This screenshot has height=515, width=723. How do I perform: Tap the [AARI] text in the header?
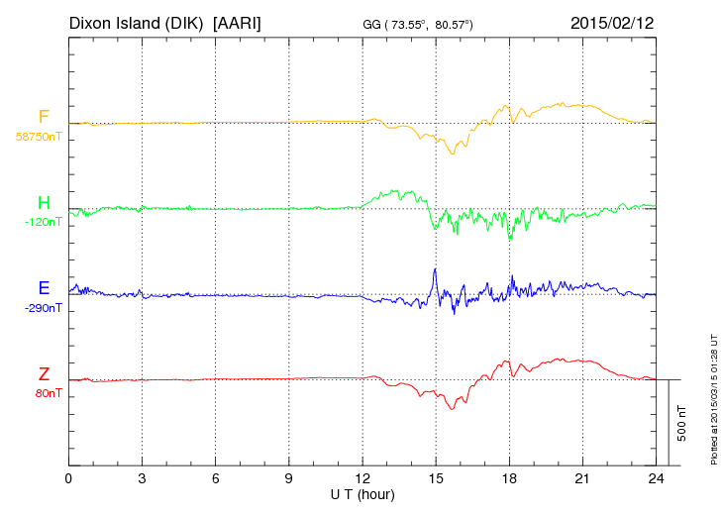[x=238, y=22]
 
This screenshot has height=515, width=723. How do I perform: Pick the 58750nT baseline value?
[x=39, y=137]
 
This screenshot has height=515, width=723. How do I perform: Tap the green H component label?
[x=44, y=203]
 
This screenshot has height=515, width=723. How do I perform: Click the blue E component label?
[x=44, y=288]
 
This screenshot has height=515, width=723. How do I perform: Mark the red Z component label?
[x=44, y=374]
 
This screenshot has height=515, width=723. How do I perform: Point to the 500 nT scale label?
[x=681, y=423]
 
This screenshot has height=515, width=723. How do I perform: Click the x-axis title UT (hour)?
[x=362, y=494]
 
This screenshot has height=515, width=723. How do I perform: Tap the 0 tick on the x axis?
[x=68, y=478]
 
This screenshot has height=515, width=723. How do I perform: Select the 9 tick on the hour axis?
[x=289, y=478]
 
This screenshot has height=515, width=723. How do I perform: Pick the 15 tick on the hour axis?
[x=436, y=478]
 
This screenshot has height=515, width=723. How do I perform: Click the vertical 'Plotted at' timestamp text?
[x=713, y=397]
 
